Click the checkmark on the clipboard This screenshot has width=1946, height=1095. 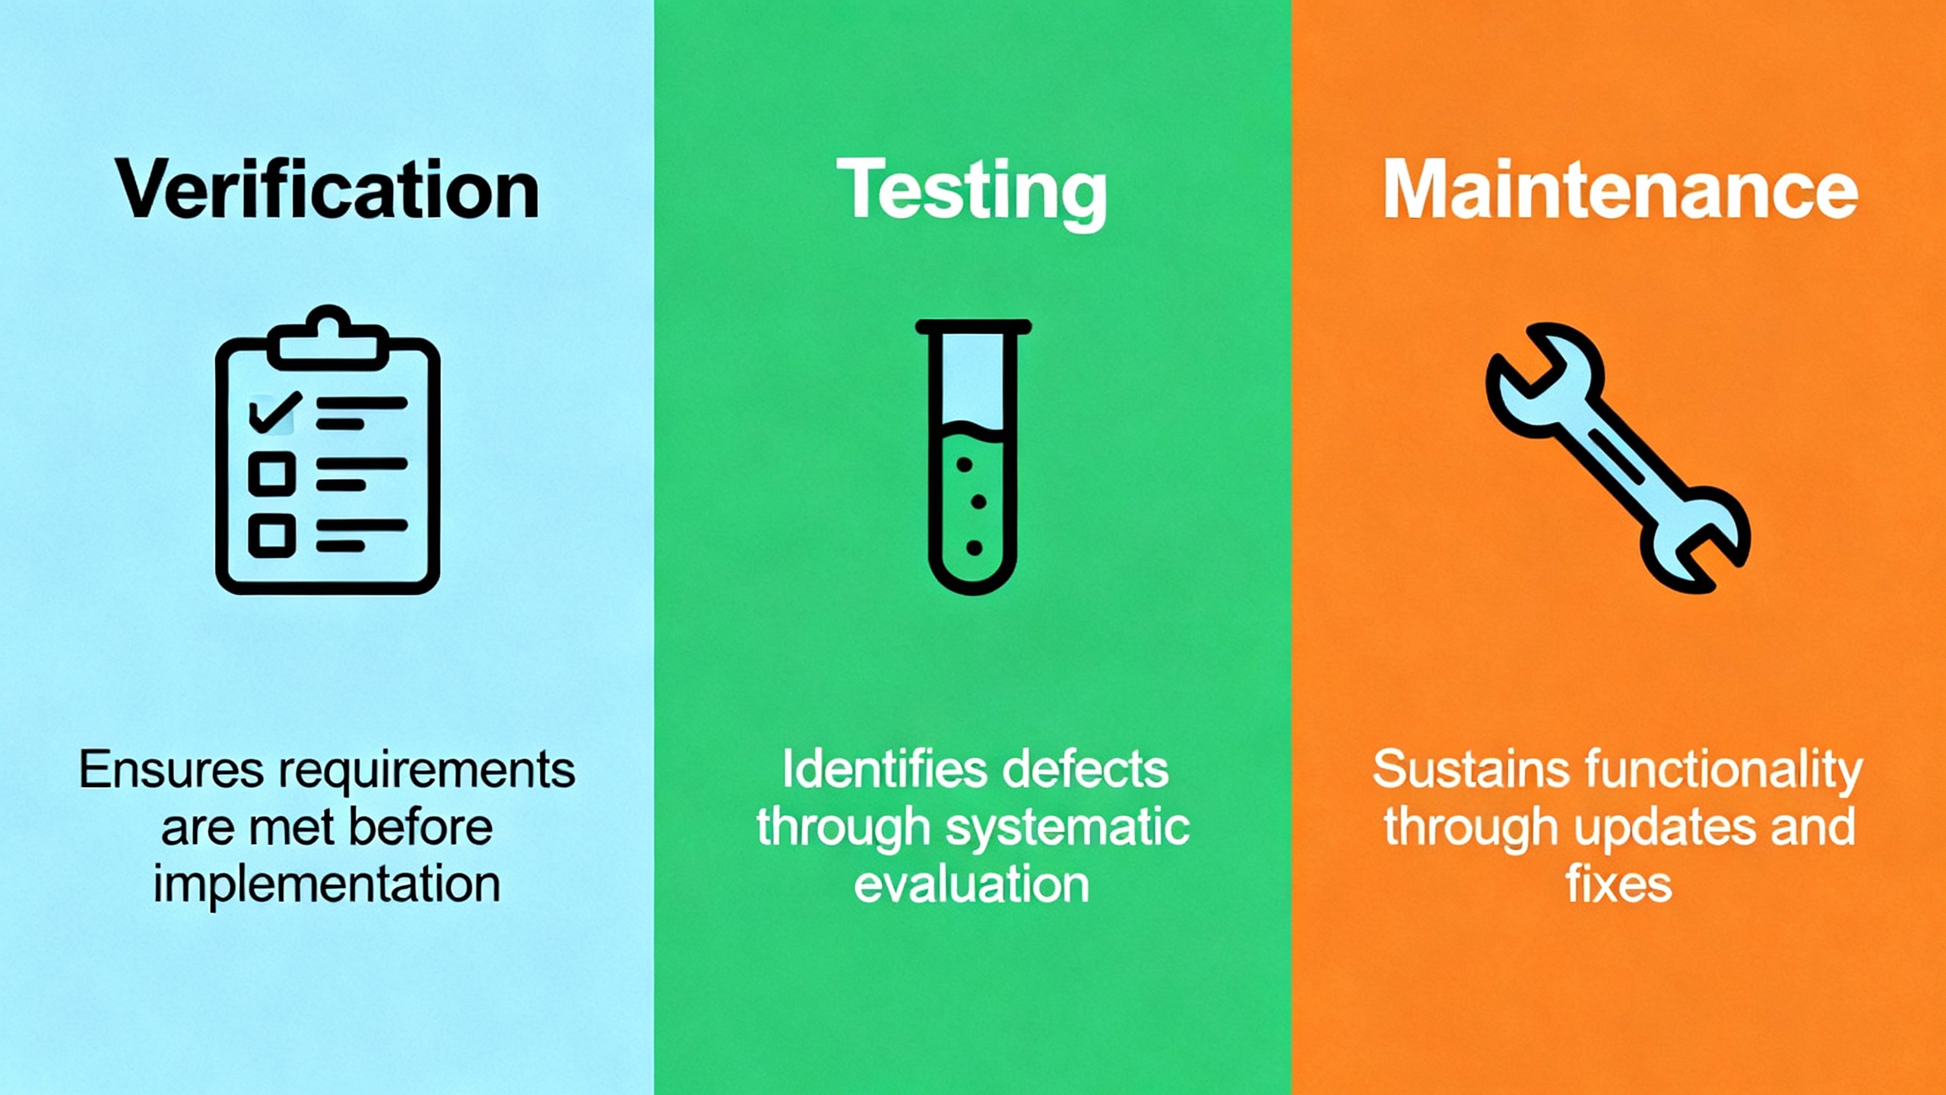point(274,412)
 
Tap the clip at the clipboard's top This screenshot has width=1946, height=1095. point(328,338)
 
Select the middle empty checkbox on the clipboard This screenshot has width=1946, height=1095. point(272,473)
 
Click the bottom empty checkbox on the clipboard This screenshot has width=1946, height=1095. point(272,535)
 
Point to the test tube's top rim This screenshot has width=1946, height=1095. point(973,327)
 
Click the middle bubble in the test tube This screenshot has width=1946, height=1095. point(979,502)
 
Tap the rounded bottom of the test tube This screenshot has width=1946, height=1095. point(973,582)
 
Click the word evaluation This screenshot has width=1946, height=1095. point(971,884)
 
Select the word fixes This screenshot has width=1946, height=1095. point(1619,884)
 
